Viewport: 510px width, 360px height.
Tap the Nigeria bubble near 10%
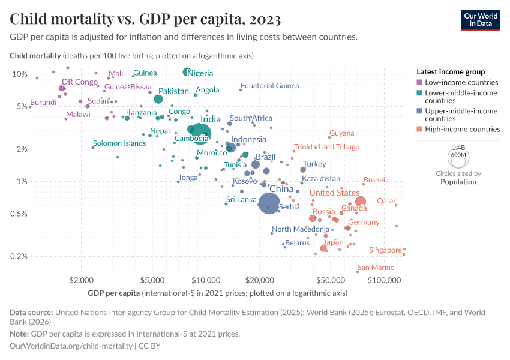(x=187, y=72)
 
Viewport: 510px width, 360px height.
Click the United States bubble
(x=361, y=202)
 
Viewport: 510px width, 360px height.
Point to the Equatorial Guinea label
(x=269, y=86)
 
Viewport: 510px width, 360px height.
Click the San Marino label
(x=376, y=268)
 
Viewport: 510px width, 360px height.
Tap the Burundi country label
(x=43, y=103)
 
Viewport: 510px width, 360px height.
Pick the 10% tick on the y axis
(x=20, y=74)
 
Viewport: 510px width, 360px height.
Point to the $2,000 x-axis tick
(x=80, y=280)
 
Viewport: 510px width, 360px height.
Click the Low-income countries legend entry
(x=461, y=82)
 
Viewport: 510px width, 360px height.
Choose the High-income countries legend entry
(x=462, y=129)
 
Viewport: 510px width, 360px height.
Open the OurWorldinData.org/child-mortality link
(x=71, y=346)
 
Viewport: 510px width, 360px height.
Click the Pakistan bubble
(x=158, y=99)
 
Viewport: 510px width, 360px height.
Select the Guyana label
(x=341, y=133)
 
